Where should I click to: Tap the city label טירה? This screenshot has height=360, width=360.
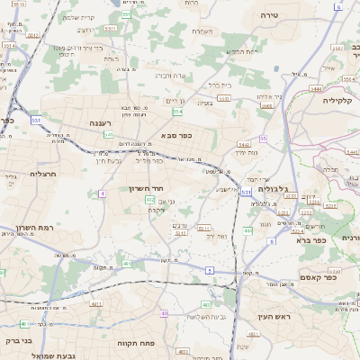pyautogui.click(x=269, y=15)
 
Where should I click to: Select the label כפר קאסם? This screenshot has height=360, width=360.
pyautogui.click(x=317, y=278)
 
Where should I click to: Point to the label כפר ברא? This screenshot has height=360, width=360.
pyautogui.click(x=309, y=240)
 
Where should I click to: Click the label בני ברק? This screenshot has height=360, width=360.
pyautogui.click(x=18, y=343)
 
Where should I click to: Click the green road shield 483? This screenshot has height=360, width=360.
pyautogui.click(x=206, y=305)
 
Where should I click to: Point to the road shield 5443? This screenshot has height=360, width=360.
pyautogui.click(x=244, y=144)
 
